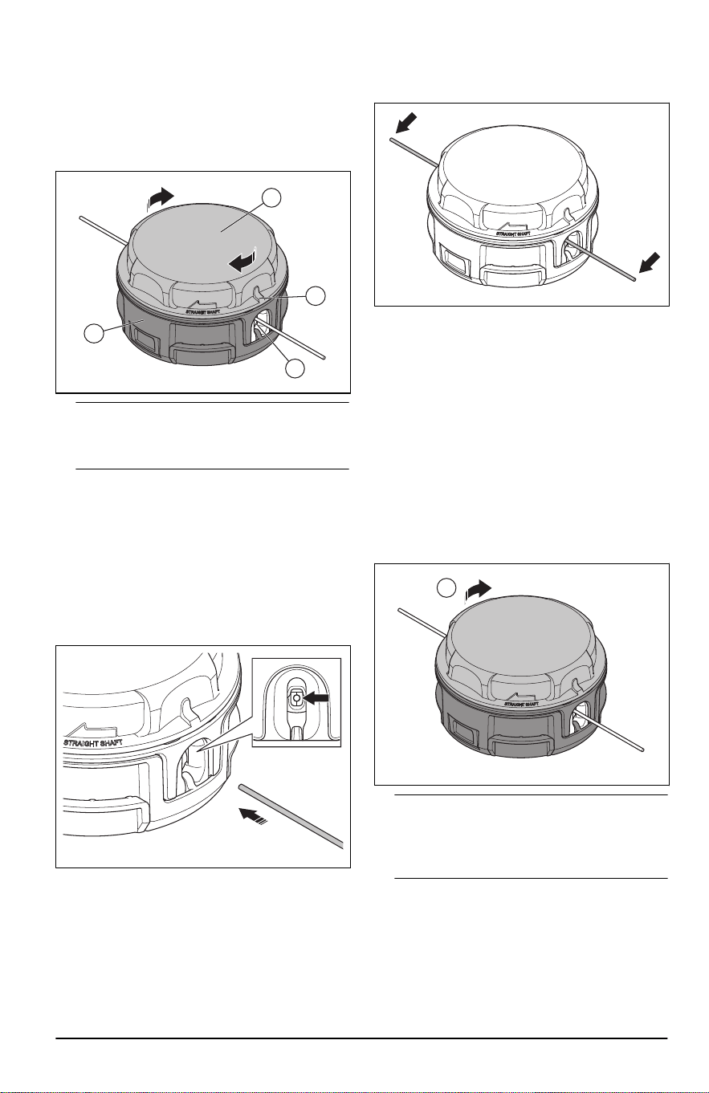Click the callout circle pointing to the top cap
click(x=271, y=198)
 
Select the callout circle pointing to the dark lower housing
click(x=94, y=334)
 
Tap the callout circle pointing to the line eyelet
click(x=295, y=368)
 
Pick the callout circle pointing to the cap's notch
click(x=316, y=296)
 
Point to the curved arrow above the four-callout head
click(x=160, y=198)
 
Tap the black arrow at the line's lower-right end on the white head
click(x=650, y=263)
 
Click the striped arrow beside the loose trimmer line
click(x=253, y=815)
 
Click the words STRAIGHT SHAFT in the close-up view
click(x=93, y=742)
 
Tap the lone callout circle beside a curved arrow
click(x=446, y=587)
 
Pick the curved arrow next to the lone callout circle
click(x=477, y=590)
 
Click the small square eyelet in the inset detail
click(x=295, y=698)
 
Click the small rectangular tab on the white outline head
click(x=454, y=257)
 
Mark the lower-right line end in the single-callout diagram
click(x=645, y=750)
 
